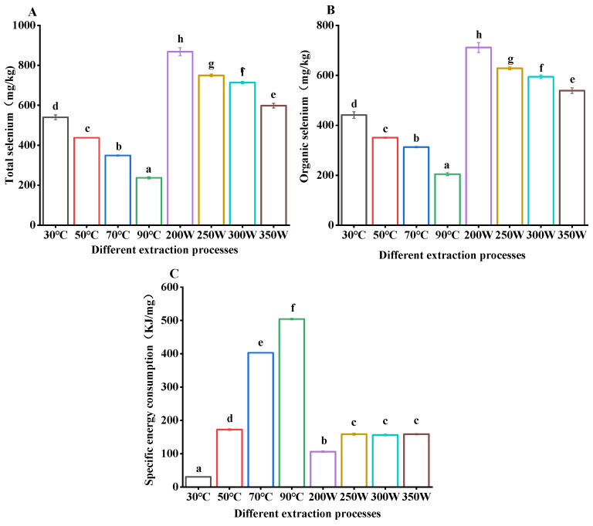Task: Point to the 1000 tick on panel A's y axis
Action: tap(38, 25)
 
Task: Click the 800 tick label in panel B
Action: tap(325, 25)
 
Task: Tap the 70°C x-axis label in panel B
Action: tap(416, 235)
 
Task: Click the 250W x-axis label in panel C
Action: tap(354, 497)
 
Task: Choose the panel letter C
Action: tap(174, 273)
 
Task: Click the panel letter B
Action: tap(330, 10)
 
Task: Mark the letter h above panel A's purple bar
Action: tap(181, 39)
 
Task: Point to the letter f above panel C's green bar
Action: tap(293, 308)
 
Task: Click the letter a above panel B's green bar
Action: tap(446, 166)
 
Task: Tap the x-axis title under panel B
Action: tap(452, 255)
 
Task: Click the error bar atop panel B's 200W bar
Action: tap(479, 47)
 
